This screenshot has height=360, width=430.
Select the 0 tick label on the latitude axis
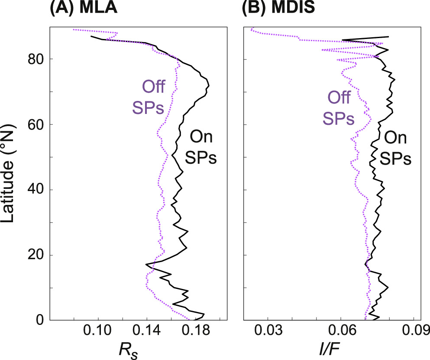40,320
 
